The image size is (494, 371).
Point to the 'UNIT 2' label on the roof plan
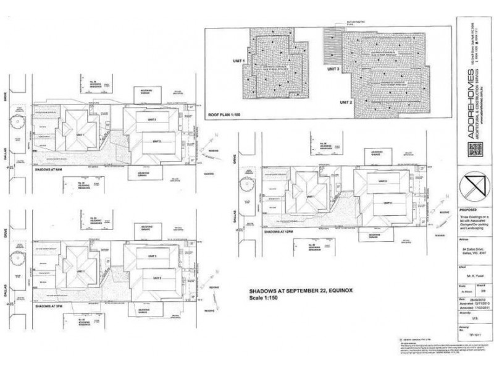tap(345, 101)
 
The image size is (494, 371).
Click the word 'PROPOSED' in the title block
tap(468, 209)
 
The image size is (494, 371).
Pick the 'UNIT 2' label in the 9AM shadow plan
tap(156, 142)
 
